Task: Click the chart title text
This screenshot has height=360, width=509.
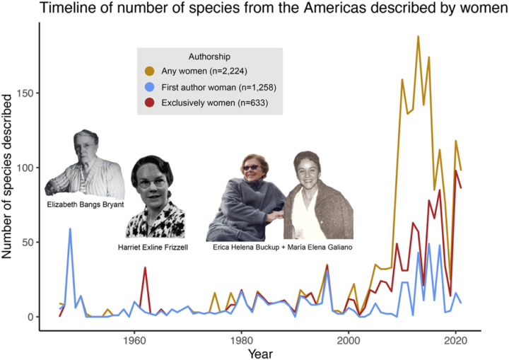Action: pyautogui.click(x=255, y=10)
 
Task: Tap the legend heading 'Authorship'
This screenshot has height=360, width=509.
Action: pyautogui.click(x=210, y=56)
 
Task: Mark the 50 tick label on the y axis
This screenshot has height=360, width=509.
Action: pyautogui.click(x=33, y=243)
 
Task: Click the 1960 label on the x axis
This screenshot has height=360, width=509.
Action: pyautogui.click(x=134, y=339)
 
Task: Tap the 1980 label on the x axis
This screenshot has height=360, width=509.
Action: pyautogui.click(x=241, y=339)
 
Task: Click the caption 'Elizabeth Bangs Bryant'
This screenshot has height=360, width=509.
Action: pyautogui.click(x=85, y=204)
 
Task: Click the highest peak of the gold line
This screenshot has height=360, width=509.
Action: pyautogui.click(x=418, y=36)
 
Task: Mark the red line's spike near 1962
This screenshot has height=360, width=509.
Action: pyautogui.click(x=145, y=268)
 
